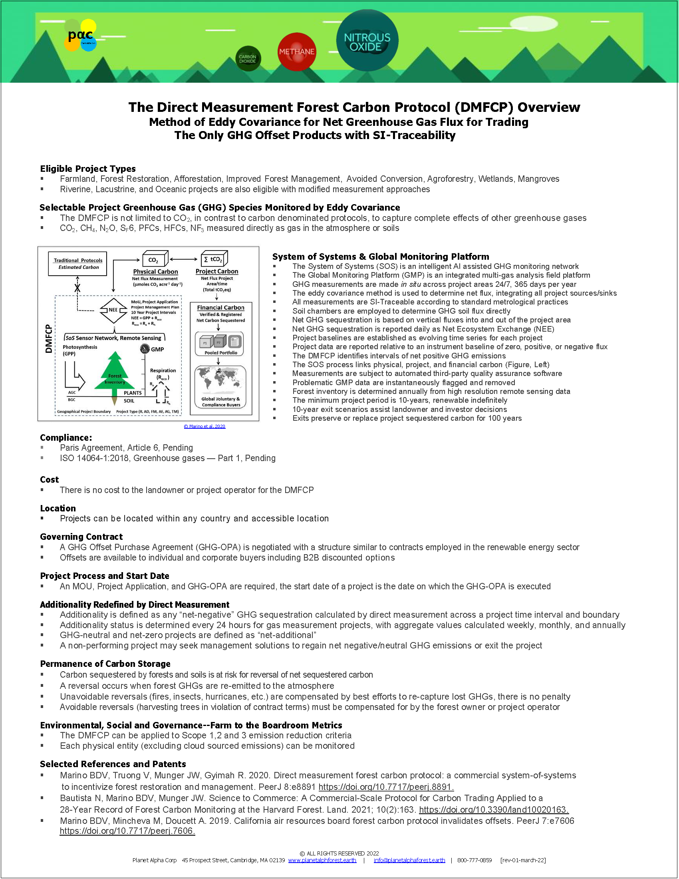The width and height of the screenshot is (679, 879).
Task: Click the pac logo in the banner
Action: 80,36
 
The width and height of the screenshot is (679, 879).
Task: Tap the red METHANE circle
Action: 296,52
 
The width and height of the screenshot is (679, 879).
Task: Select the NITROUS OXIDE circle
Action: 367,41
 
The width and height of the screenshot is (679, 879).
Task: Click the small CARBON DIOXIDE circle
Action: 248,59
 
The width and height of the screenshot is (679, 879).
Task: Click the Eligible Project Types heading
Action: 88,169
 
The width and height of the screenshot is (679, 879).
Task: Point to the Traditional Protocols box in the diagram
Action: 77,264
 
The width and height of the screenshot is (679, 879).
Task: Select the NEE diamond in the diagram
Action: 113,310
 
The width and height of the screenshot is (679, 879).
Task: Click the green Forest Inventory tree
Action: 115,372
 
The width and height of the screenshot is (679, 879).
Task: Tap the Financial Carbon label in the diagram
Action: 220,308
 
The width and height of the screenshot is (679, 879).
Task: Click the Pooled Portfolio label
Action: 221,352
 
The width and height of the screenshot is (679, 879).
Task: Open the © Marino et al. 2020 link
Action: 204,426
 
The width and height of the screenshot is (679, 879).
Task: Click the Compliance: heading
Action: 66,438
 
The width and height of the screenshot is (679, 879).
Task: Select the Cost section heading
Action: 50,479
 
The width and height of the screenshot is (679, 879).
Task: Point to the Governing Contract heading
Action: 81,537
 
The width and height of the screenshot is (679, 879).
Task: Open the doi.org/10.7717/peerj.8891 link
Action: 386,787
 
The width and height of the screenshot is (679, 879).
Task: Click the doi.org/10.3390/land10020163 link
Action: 494,809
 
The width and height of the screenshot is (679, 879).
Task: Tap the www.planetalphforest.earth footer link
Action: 322,860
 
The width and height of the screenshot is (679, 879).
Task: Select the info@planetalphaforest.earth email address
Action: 409,860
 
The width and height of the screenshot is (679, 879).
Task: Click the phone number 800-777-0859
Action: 474,860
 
